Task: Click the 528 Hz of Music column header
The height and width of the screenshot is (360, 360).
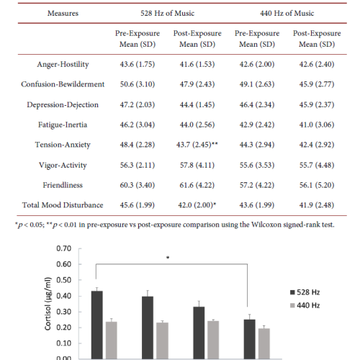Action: [167, 13]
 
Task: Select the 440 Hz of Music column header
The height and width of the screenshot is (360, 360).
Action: [287, 13]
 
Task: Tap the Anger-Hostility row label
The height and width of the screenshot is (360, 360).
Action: [63, 64]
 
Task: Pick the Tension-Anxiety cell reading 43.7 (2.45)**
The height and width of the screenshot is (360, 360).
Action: [197, 145]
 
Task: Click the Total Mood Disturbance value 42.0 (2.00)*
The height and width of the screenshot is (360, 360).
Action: [197, 205]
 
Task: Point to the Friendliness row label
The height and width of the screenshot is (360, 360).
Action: [63, 185]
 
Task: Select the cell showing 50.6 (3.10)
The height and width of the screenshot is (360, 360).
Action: [138, 84]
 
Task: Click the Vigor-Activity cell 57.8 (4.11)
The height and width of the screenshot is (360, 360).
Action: [197, 165]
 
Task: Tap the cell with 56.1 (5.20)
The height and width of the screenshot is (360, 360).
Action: [317, 185]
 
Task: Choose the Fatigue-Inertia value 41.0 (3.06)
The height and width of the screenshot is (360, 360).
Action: [317, 125]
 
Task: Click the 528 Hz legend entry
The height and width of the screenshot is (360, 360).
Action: [305, 292]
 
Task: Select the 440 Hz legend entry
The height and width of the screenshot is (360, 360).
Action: [305, 305]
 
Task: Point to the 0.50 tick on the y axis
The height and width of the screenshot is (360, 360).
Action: [64, 280]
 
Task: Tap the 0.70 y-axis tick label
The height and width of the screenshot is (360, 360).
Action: [64, 248]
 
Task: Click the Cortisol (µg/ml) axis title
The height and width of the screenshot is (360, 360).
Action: [48, 304]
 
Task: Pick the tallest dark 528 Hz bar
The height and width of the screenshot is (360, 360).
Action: [97, 325]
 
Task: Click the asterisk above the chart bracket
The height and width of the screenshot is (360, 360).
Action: [168, 258]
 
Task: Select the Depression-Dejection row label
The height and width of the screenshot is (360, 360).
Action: [63, 104]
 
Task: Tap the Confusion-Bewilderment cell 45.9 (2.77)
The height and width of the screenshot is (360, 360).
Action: [317, 84]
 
